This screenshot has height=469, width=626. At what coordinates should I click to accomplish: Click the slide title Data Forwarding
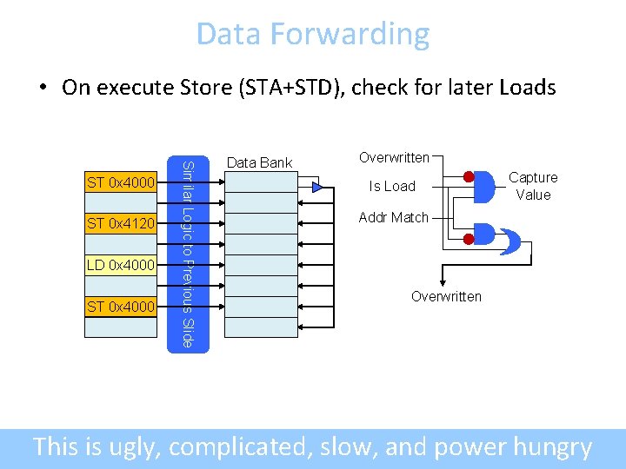coord(312,34)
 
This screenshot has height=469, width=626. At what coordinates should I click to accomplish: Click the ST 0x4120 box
coord(120,224)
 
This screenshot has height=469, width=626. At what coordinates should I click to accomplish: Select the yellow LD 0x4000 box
coord(120,264)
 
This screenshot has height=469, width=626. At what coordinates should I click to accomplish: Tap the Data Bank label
coord(259,162)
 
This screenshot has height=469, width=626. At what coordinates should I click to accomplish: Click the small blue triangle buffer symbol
coord(317,187)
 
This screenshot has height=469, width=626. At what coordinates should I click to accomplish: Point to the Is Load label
coord(392,186)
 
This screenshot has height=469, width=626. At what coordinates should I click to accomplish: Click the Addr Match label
coord(394,217)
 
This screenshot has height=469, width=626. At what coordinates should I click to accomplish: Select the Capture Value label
coord(533,186)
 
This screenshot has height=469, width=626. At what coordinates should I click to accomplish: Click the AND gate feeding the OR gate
coord(483,235)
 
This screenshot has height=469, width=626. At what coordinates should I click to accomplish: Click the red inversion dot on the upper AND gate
coord(469,178)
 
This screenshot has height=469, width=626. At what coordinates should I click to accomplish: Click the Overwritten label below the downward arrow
coord(446,296)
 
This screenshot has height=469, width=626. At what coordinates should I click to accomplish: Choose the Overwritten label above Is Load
coord(394,157)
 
